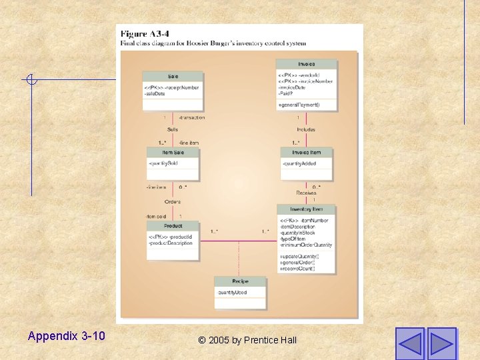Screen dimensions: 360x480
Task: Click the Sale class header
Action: pos(173,77)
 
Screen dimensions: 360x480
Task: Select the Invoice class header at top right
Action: pos(307,65)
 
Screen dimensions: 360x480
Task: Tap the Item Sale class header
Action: pos(173,153)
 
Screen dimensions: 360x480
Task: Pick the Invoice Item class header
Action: pos(307,153)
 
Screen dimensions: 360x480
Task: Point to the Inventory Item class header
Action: pos(307,209)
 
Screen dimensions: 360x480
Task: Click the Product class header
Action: pos(173,226)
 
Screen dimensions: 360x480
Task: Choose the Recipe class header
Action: pos(240,282)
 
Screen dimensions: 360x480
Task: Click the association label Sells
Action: pos(173,129)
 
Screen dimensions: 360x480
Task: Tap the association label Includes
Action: pos(306,129)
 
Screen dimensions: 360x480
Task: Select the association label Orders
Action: pos(173,201)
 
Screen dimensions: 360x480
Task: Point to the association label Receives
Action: pos(306,193)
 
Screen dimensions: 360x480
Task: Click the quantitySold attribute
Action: pos(164,163)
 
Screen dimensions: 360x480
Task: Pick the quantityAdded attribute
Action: pos(299,163)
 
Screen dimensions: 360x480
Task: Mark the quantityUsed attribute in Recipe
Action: pos(233,293)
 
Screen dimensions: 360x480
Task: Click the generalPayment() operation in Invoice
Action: pos(299,105)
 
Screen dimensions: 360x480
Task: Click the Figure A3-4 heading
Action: pos(145,34)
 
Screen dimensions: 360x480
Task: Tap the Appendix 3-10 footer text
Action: pos(67,336)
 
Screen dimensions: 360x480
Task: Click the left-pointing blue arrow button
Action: pos(410,343)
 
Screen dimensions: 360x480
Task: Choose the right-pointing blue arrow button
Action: pos(441,343)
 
